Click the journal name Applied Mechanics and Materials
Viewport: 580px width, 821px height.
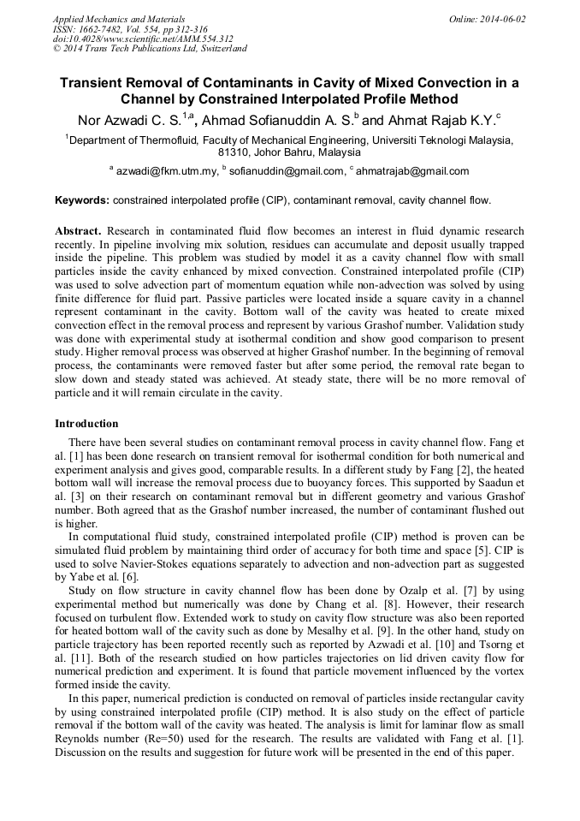[x=118, y=19]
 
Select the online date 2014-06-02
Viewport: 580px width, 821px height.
[x=499, y=19]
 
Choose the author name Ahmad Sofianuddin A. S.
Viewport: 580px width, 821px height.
[x=284, y=120]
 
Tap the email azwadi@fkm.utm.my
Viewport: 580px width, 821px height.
[x=167, y=171]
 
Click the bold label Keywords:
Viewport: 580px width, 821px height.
[x=82, y=201]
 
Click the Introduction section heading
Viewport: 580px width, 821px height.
[x=86, y=424]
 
